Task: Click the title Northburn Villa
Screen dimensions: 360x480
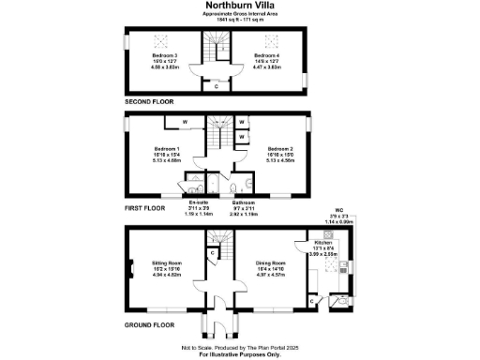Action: point(240,6)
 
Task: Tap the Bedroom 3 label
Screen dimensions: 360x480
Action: point(163,56)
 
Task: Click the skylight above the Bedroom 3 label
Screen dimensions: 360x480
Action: point(159,41)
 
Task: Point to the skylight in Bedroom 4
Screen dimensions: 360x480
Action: point(274,41)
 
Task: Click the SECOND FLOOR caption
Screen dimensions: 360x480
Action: point(149,99)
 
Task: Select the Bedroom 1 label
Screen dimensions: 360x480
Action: point(166,148)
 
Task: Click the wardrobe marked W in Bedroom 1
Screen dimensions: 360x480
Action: point(184,121)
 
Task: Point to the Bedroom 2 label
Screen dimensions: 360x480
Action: point(280,149)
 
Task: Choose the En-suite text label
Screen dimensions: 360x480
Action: point(198,202)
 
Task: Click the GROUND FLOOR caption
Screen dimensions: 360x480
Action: point(149,324)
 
